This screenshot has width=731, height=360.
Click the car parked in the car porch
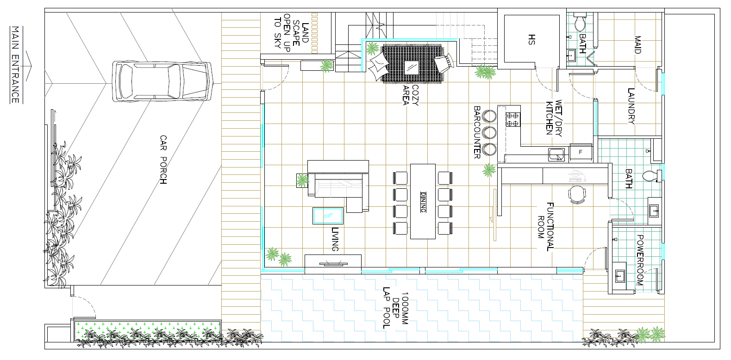coord(162,81)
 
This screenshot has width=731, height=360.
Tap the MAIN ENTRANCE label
coord(15,65)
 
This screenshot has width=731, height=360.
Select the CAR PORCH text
coord(163,160)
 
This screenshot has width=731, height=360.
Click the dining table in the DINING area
coord(423,201)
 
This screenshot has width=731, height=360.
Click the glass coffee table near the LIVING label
coord(328,216)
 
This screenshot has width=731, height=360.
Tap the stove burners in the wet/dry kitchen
coord(512,120)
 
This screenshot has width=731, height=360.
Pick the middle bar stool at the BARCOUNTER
coord(489,133)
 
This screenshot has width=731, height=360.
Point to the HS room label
coord(531,39)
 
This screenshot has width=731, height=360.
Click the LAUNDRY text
coord(631,106)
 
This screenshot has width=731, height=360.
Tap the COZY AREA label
coord(411,95)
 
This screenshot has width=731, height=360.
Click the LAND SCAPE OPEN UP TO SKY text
coord(291,33)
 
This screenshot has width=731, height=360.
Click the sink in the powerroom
coord(619,276)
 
